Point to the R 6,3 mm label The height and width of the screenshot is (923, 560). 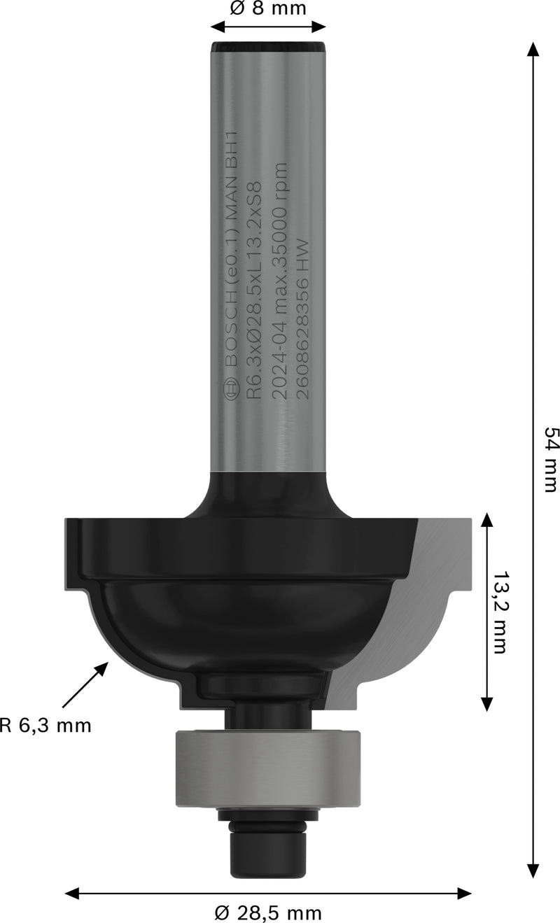point(46,725)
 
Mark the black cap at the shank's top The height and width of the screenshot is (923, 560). point(268,48)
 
